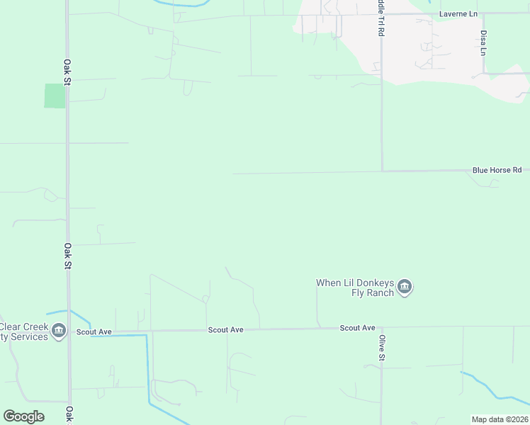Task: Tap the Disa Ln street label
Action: [x=484, y=42]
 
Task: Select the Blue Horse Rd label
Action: [x=497, y=170]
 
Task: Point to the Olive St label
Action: [x=381, y=347]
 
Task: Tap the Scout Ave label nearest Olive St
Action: [x=357, y=328]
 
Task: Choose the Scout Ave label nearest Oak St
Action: [x=94, y=331]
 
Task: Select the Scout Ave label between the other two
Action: [x=225, y=329]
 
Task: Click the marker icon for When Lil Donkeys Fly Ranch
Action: [x=405, y=287]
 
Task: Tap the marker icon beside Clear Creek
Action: [x=59, y=330]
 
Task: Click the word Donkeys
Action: [x=368, y=283]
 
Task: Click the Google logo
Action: [x=23, y=416]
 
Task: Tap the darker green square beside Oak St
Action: [x=55, y=96]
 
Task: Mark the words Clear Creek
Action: [x=23, y=327]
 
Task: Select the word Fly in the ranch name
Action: [x=359, y=293]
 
